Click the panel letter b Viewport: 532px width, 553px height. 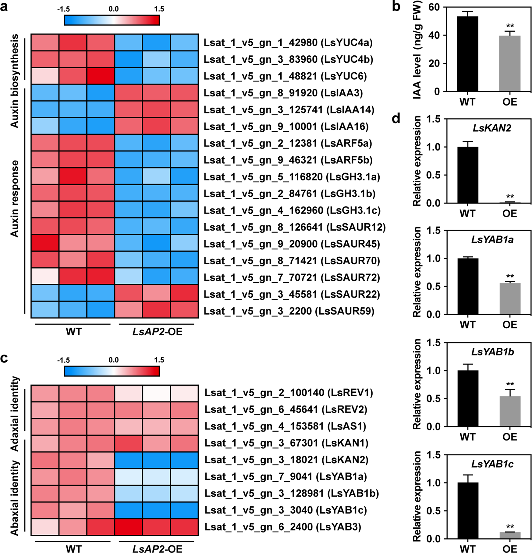point(396,7)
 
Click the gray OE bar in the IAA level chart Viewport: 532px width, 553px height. point(510,64)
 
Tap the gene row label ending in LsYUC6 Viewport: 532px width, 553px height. point(285,76)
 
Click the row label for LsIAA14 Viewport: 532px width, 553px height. point(289,110)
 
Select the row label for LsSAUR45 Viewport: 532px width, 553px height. point(292,244)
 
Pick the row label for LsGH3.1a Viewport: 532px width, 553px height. point(292,177)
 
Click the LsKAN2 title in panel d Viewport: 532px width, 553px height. point(492,128)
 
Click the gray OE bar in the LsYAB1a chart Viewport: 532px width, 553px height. point(510,299)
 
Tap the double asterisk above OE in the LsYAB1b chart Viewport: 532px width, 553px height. point(510,384)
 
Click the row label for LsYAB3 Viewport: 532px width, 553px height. point(282,527)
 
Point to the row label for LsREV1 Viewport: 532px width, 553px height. point(289,393)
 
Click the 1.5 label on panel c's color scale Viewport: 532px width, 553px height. point(159,360)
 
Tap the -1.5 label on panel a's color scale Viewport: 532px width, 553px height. point(63,9)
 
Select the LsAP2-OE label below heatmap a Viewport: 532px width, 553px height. point(157,332)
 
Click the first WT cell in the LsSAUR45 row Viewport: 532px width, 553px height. point(45,244)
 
